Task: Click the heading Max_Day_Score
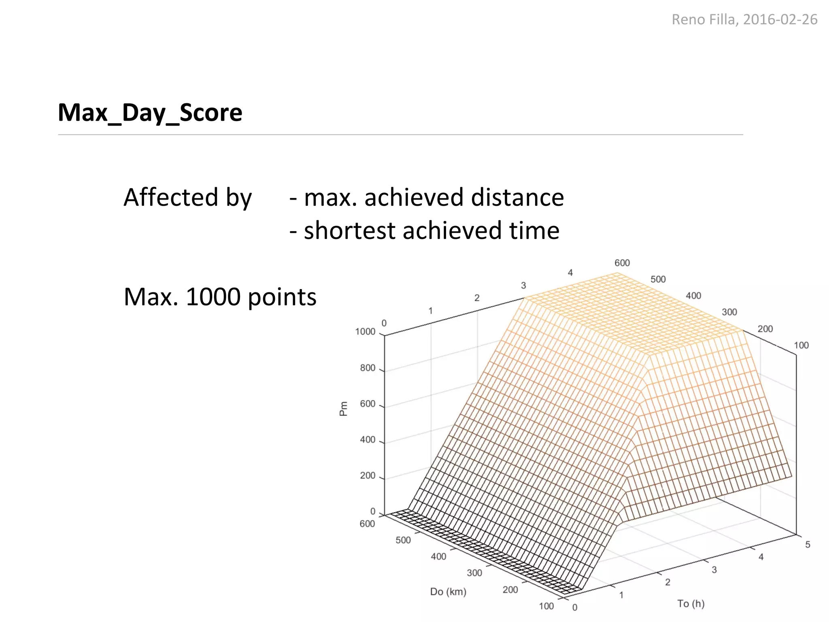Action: click(150, 113)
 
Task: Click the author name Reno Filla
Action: click(704, 19)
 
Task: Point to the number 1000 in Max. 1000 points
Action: click(213, 297)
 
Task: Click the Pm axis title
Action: click(343, 409)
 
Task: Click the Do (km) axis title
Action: click(448, 592)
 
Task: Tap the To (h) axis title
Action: click(691, 603)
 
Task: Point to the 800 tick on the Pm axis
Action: click(368, 368)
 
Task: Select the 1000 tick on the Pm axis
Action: click(365, 332)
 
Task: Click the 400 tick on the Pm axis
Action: click(368, 440)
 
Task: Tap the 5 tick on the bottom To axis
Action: click(808, 545)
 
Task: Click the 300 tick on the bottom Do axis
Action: click(474, 573)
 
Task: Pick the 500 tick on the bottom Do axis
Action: click(403, 540)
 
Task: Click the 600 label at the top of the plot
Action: click(622, 263)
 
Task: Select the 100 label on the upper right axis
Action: click(801, 345)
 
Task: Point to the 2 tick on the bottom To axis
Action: click(668, 582)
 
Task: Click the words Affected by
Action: click(187, 198)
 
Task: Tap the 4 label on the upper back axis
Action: click(570, 273)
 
